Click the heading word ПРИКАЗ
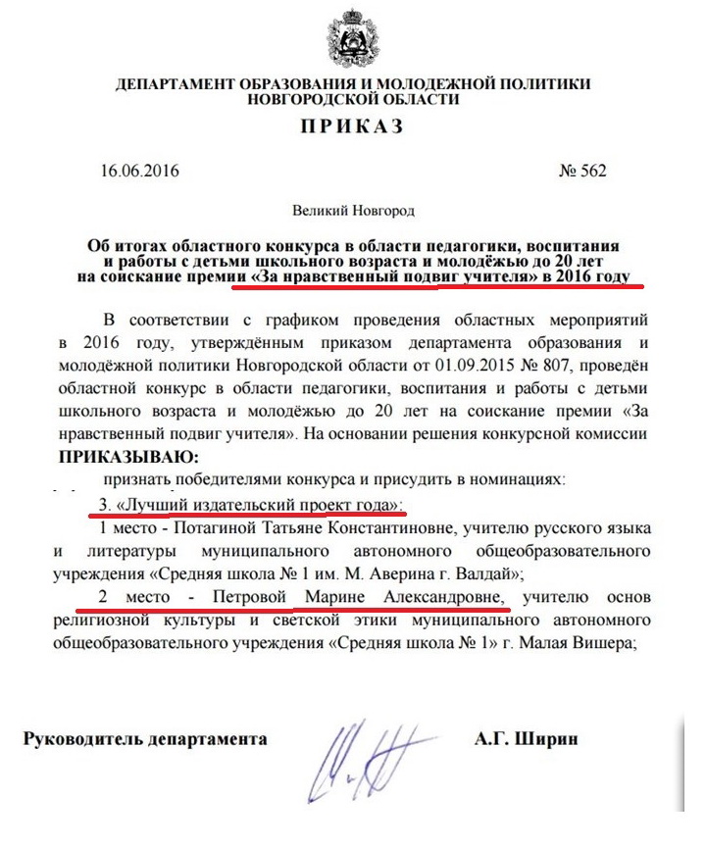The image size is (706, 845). tap(354, 128)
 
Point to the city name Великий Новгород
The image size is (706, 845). tap(354, 210)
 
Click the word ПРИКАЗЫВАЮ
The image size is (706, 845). tap(127, 458)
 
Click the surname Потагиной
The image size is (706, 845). tap(211, 527)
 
